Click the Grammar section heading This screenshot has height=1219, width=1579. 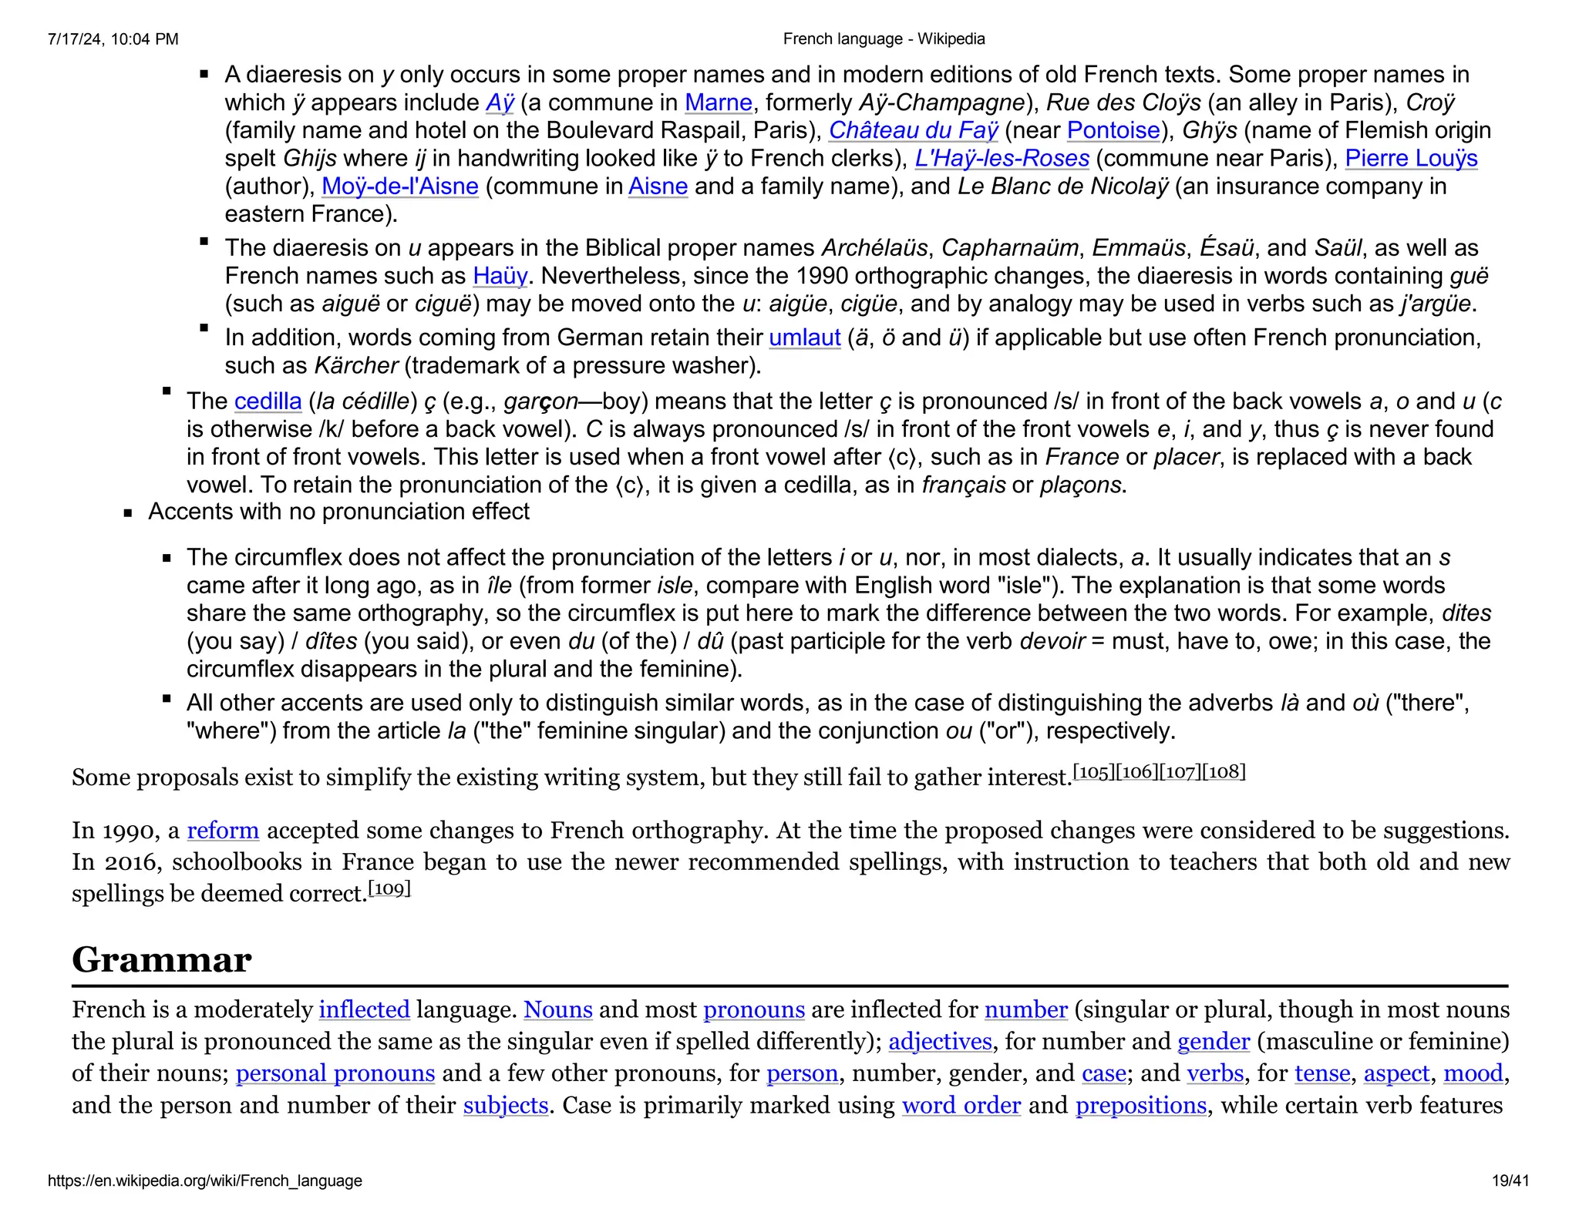coord(161,960)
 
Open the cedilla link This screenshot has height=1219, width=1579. coord(268,401)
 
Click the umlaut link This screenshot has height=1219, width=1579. coord(804,337)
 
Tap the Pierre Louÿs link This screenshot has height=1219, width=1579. coord(1411,158)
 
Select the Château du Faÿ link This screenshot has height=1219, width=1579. coord(913,130)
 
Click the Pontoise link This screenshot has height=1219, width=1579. coord(1113,130)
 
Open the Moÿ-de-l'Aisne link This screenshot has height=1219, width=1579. coord(399,186)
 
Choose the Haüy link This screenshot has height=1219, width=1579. coord(500,276)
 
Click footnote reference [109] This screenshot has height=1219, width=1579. coord(389,889)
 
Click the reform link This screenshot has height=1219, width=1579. coord(223,831)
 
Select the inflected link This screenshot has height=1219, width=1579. coord(364,1010)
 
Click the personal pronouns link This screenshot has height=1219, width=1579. coord(335,1073)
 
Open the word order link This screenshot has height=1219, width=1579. coord(961,1106)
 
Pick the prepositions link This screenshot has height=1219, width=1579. coord(1140,1106)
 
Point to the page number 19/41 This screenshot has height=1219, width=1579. coord(1510,1180)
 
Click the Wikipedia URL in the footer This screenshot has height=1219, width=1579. coord(205,1180)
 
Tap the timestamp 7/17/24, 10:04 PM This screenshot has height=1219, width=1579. coord(113,39)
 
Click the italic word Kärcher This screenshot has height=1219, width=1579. coord(356,365)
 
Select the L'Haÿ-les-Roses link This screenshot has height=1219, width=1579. coord(1002,158)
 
